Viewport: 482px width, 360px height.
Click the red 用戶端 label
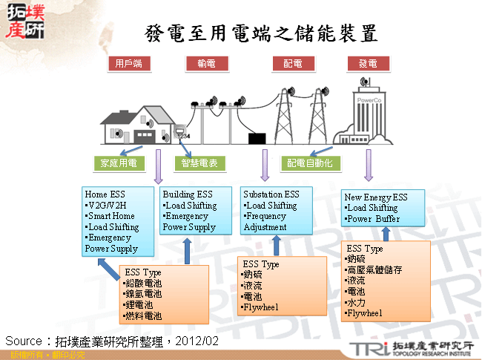[x=128, y=64]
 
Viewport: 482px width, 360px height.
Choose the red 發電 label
[x=368, y=64]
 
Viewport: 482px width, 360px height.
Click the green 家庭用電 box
[x=118, y=163]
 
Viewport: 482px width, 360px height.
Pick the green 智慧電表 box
[x=198, y=163]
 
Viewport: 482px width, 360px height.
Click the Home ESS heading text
[x=105, y=195]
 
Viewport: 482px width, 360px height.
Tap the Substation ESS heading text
[x=271, y=195]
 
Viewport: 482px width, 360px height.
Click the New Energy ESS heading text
[x=377, y=197]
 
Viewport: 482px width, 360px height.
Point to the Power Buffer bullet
[x=372, y=219]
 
